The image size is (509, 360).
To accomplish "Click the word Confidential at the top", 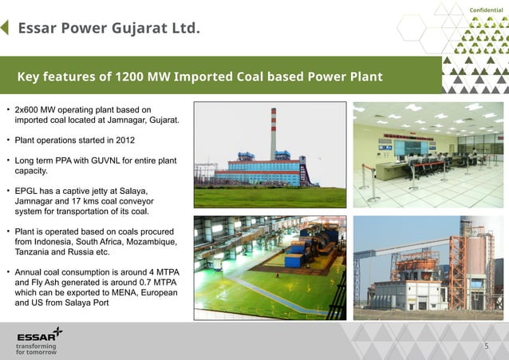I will coord(486,10).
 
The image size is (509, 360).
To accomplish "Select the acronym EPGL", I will coord(28,192).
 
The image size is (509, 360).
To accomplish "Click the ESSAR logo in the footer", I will coord(38,334).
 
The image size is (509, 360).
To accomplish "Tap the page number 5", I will coord(487,346).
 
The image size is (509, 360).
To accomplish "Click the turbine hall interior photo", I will coord(270,267).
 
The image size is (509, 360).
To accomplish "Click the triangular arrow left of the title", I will coord(6,28).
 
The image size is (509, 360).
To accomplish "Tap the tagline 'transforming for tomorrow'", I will coord(37,350).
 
